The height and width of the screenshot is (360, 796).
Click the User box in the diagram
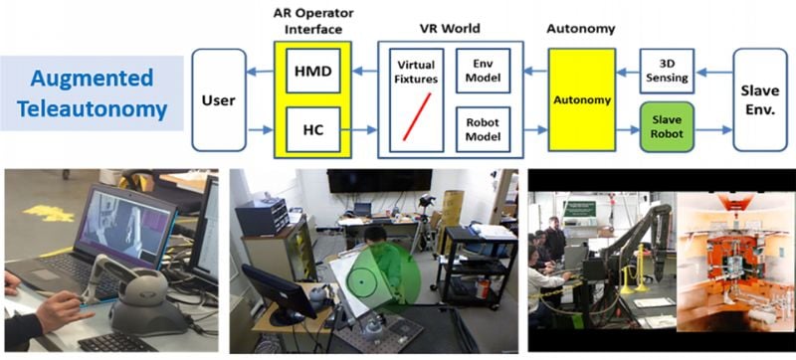219,100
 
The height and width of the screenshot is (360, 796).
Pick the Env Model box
483,70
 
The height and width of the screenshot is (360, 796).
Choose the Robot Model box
483,129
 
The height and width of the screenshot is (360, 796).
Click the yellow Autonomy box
583,100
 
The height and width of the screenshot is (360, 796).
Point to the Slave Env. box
760,100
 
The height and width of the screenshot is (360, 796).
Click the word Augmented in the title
92,77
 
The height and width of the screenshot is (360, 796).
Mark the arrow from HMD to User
262,70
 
